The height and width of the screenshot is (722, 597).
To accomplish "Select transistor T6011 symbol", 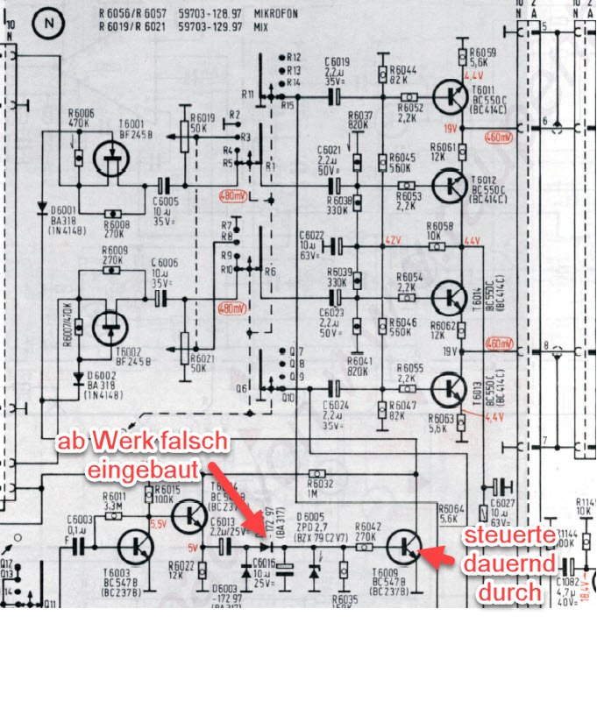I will tap(451, 96).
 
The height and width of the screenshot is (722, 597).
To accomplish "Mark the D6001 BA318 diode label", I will tap(65, 219).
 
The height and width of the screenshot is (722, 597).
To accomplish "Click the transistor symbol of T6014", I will tap(452, 297).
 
